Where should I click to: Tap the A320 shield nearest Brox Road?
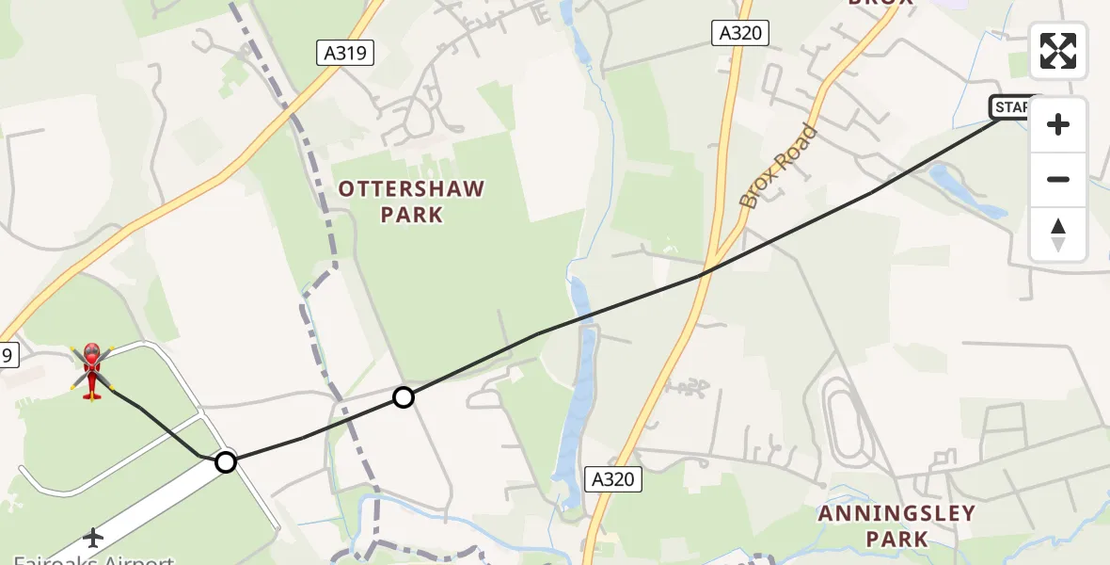738,34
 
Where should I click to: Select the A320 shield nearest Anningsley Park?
612,479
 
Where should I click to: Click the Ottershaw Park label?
411,202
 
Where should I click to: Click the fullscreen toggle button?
1057,51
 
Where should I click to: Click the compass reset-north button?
1057,234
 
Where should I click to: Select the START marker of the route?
1010,107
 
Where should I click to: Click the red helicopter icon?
92,371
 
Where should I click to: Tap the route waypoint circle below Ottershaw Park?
404,397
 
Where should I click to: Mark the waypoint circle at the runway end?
226,461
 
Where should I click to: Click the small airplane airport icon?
93,538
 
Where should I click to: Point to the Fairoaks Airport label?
94,558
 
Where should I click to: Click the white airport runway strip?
141,508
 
